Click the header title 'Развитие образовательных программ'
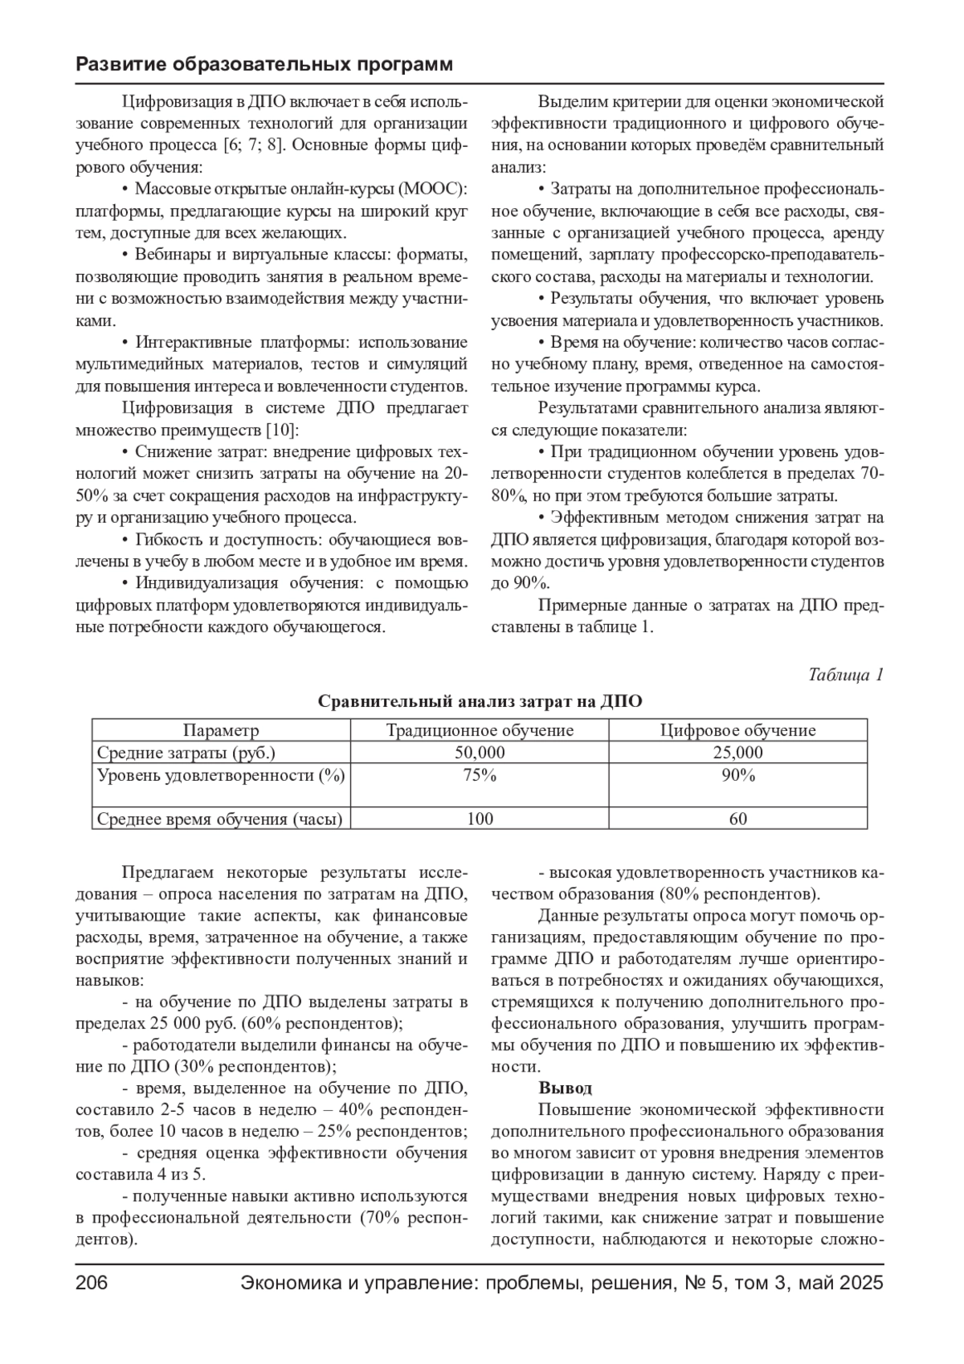click(x=263, y=64)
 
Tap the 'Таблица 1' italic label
click(x=845, y=674)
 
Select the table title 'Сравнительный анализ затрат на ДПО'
click(x=480, y=701)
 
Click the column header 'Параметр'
click(x=221, y=730)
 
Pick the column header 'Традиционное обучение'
click(x=480, y=730)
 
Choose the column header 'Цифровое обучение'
click(x=737, y=730)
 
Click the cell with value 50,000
click(x=480, y=753)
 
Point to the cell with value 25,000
click(x=737, y=753)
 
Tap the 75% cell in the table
click(x=480, y=775)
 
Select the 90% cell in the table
click(x=737, y=775)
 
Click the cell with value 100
click(x=480, y=819)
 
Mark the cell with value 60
click(x=737, y=819)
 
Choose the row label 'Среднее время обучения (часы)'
click(x=219, y=819)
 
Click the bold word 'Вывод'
click(x=565, y=1088)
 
